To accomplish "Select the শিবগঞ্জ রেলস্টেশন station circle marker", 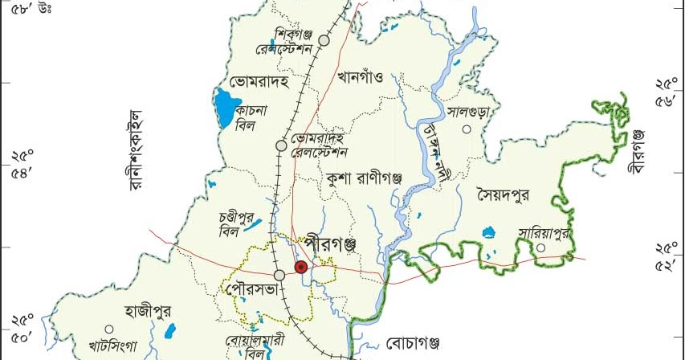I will point(324,39).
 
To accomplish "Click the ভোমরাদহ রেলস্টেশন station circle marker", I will point(281,145).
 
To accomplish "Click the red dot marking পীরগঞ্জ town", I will point(300,267).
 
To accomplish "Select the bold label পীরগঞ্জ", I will point(330,241).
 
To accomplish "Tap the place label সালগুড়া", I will point(469,112).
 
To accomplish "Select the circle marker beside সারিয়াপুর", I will point(540,247).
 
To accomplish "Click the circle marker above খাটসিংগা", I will point(108,329).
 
